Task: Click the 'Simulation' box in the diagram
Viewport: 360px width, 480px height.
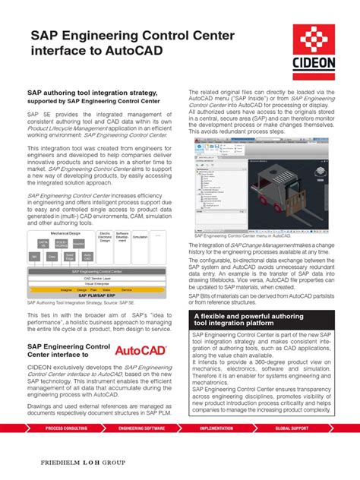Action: pyautogui.click(x=141, y=237)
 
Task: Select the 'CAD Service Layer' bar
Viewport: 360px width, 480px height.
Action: pyautogui.click(x=97, y=278)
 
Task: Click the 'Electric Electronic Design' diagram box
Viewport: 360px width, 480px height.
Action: pyautogui.click(x=106, y=238)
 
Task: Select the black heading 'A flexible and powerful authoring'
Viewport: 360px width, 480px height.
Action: pyautogui.click(x=259, y=316)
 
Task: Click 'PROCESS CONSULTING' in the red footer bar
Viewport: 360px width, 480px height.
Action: pyautogui.click(x=68, y=428)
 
